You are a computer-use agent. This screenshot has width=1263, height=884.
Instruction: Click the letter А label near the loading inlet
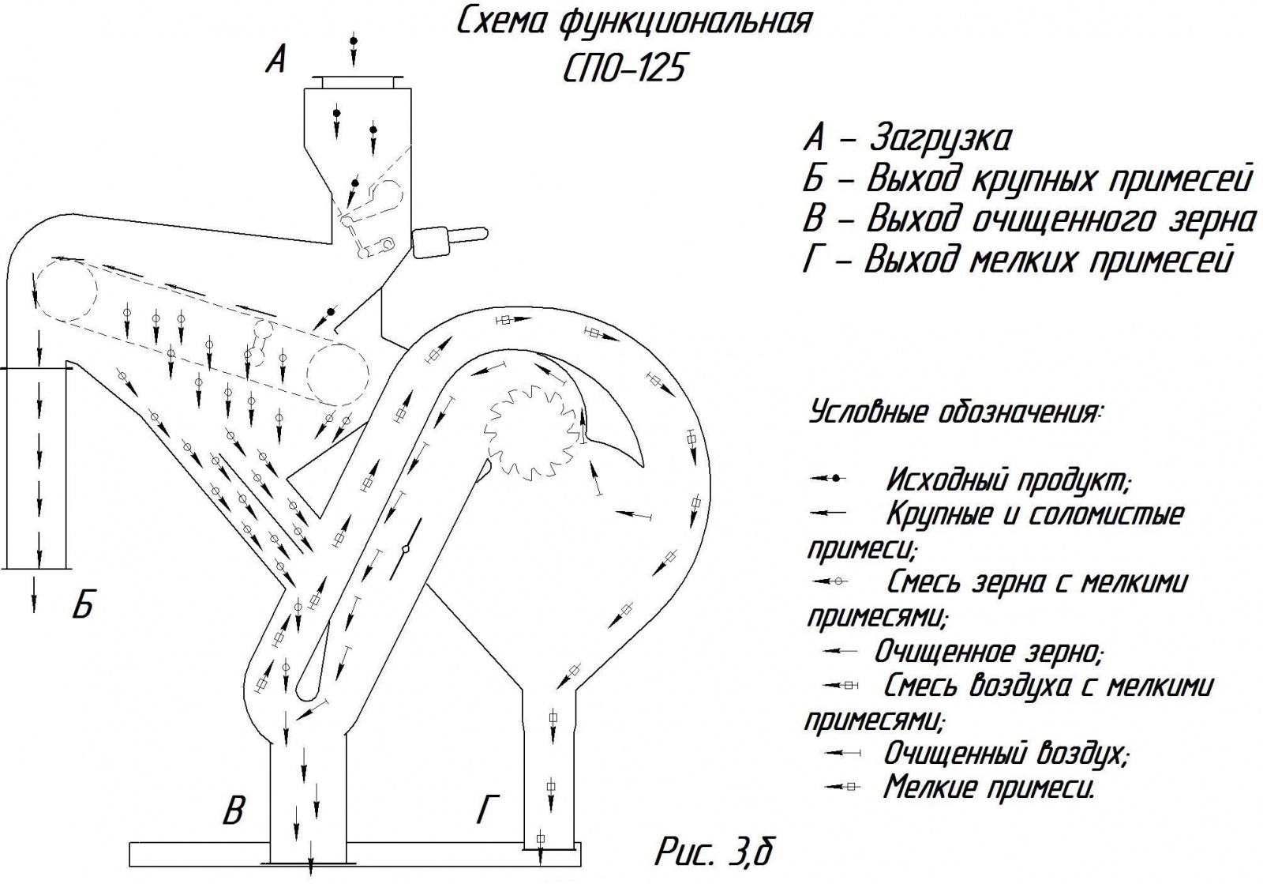coord(275,58)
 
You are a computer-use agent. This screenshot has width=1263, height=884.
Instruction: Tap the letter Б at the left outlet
coord(82,605)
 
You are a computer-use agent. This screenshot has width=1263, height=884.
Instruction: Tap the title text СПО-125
coord(624,69)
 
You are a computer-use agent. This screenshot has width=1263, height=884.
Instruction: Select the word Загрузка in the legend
coord(939,139)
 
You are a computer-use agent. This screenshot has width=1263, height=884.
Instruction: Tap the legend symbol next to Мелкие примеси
coord(841,787)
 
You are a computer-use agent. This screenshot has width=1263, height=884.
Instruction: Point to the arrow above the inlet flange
coord(354,49)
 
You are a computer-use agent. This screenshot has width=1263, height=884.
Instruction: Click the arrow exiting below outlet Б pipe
coord(34,594)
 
